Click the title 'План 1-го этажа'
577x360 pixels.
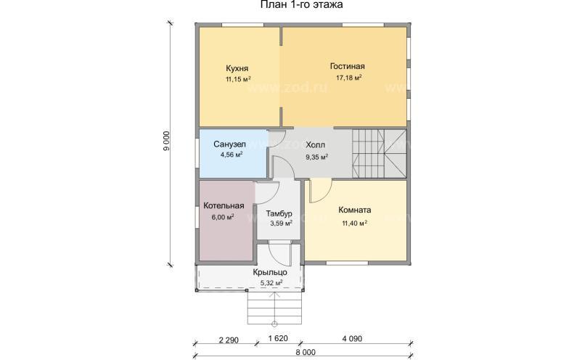(301, 5)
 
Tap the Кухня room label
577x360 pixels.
(237, 68)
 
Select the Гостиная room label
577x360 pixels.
(348, 66)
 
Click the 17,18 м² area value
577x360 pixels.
(348, 78)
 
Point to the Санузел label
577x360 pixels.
(229, 144)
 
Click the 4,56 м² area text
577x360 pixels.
(232, 155)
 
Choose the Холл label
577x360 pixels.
(316, 145)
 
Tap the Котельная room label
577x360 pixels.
(224, 206)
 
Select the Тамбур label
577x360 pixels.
(279, 213)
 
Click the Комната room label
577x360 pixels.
(355, 210)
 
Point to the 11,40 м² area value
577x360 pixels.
(355, 223)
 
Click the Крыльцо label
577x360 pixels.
(270, 272)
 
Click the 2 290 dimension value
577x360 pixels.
(229, 340)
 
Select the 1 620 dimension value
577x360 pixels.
(278, 338)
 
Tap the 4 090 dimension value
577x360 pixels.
(352, 338)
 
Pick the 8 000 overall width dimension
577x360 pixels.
(305, 353)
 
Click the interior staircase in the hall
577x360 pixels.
(380, 153)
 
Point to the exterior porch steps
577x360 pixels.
(274, 308)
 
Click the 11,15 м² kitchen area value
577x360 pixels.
(239, 79)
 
